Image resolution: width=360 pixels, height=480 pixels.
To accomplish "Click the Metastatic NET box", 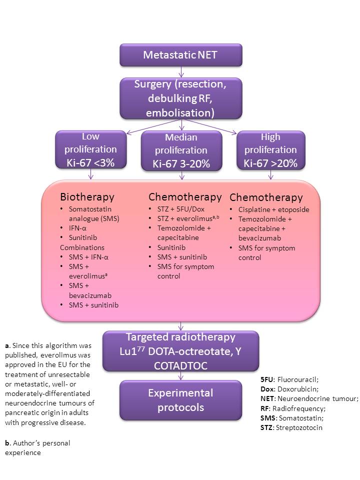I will click(x=180, y=55).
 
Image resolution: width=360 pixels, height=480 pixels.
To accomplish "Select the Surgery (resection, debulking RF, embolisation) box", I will click(x=180, y=98).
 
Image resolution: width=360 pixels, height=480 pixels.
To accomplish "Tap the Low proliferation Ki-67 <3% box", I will click(x=90, y=149).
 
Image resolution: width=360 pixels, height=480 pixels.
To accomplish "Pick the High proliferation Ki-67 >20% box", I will click(x=270, y=149).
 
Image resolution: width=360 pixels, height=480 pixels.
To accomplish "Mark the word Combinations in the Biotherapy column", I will click(x=82, y=247).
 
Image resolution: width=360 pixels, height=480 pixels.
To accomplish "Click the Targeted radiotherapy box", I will click(x=180, y=350).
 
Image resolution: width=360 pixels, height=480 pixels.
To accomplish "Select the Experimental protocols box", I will click(x=180, y=399).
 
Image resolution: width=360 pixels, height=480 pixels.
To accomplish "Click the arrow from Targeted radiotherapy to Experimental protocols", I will click(x=180, y=375).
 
